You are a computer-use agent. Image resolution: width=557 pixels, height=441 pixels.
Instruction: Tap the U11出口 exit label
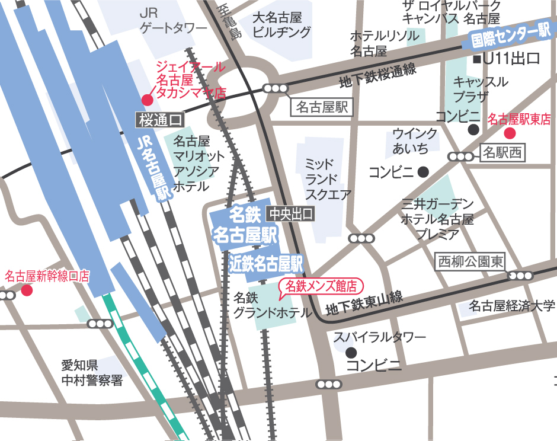click(507, 59)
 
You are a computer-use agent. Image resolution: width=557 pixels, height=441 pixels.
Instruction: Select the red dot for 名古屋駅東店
click(510, 133)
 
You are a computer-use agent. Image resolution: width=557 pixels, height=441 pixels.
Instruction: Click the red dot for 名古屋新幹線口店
click(27, 290)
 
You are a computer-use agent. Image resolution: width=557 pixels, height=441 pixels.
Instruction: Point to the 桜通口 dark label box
click(159, 120)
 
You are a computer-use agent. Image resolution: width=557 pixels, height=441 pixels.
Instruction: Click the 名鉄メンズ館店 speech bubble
click(321, 286)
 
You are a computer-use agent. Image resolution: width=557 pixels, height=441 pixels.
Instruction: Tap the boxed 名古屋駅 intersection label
click(324, 107)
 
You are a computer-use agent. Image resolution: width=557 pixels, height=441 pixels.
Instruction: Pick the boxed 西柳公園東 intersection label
click(470, 261)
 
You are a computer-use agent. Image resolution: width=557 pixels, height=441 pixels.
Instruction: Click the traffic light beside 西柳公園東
click(520, 276)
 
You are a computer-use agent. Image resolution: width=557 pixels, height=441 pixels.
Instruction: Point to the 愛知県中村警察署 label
click(92, 372)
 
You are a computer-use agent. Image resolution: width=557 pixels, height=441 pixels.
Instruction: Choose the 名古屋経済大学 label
click(511, 306)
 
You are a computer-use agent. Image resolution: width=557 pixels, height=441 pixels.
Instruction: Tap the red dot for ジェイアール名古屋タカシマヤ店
click(146, 99)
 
